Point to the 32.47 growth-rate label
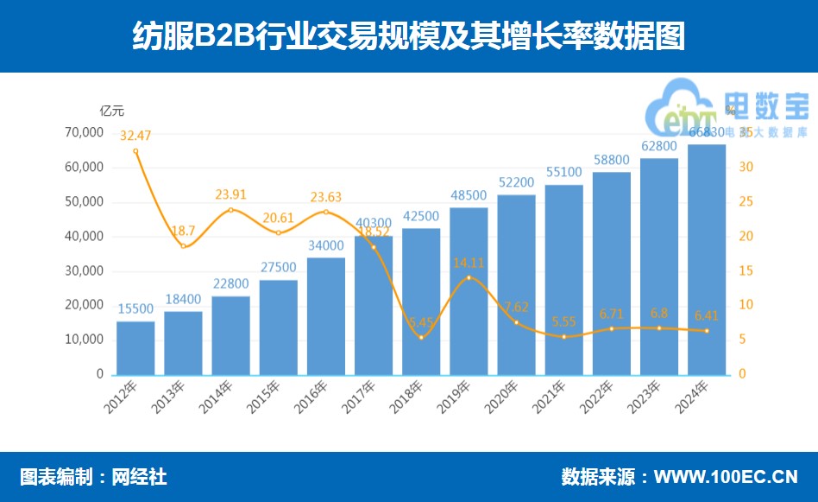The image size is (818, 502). tap(135, 135)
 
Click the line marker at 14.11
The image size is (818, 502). tap(469, 277)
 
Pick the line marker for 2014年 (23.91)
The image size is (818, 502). tap(230, 210)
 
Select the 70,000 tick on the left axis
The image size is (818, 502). tap(84, 132)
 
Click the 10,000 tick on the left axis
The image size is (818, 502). tap(84, 340)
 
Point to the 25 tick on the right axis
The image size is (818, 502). tap(747, 201)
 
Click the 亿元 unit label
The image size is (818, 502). tap(112, 110)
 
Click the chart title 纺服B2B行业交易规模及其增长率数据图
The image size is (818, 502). tap(408, 36)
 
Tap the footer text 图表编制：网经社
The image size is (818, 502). tap(93, 477)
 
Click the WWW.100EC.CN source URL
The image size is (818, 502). tap(726, 477)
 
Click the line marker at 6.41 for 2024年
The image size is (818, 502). tap(707, 331)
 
